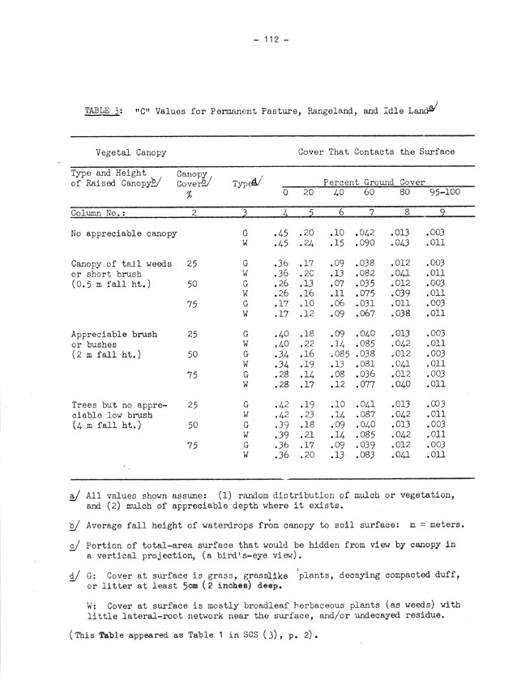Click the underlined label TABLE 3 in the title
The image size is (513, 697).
pos(104,111)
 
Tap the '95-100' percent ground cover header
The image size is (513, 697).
pos(442,194)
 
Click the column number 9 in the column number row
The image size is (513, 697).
pos(442,212)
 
